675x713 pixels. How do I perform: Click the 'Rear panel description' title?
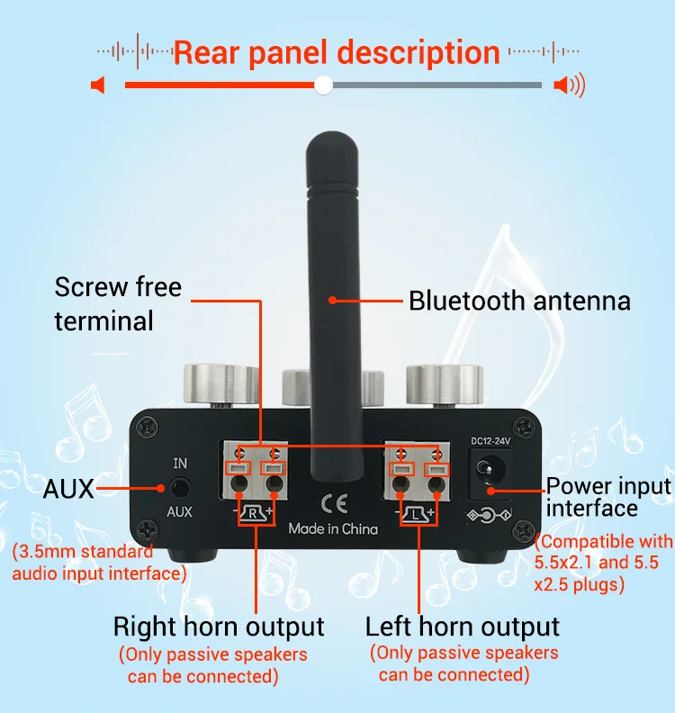[x=337, y=51]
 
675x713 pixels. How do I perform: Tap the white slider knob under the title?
[x=324, y=85]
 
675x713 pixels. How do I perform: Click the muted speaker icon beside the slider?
[x=98, y=86]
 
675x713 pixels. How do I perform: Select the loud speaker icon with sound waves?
[x=569, y=86]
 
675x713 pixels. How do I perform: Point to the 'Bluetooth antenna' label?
[x=519, y=301]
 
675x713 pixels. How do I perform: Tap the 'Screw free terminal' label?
[x=117, y=303]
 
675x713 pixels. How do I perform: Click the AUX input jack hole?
[x=181, y=488]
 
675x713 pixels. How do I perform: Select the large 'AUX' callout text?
[x=68, y=489]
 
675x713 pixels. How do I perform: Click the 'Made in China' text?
[x=333, y=528]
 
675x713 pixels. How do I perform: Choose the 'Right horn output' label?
[x=219, y=627]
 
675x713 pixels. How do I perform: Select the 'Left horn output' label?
[x=463, y=627]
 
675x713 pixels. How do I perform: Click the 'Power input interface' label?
[x=608, y=497]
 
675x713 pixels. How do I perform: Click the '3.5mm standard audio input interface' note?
[x=100, y=562]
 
